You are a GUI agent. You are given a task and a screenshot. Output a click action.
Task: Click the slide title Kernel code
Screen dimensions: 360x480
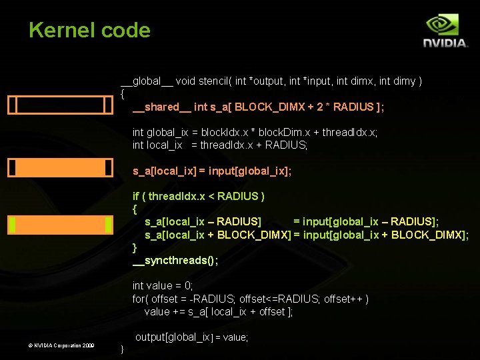[89, 31]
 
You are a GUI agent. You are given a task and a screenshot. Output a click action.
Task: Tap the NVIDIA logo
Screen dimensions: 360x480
[445, 32]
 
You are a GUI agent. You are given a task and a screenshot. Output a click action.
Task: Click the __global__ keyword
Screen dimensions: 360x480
[147, 81]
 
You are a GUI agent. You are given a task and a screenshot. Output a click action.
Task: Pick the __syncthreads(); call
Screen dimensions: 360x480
[175, 260]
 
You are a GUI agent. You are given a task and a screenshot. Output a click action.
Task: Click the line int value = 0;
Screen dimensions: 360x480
[163, 285]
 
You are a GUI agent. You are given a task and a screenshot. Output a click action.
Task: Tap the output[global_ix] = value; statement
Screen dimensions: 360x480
[191, 337]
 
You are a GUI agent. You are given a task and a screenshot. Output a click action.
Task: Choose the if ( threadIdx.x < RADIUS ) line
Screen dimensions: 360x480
[199, 196]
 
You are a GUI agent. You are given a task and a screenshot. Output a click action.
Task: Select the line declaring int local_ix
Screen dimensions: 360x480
[220, 145]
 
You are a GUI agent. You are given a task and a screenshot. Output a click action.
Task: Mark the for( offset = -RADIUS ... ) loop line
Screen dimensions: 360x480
[250, 299]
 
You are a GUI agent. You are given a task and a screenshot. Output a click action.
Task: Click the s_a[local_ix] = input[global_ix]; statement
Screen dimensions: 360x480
[212, 171]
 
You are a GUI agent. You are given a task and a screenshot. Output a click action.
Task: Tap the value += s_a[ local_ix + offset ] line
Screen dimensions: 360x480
[218, 312]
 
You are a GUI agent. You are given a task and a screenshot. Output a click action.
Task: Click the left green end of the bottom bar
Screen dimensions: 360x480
[11, 225]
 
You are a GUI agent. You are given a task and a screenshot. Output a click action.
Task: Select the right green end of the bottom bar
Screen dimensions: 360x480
[109, 225]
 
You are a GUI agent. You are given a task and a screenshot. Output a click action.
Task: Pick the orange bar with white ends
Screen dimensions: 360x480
[60, 167]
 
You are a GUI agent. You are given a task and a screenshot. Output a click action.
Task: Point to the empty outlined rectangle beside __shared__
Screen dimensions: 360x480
[60, 105]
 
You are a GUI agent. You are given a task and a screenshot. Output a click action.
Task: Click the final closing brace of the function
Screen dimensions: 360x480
[121, 349]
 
